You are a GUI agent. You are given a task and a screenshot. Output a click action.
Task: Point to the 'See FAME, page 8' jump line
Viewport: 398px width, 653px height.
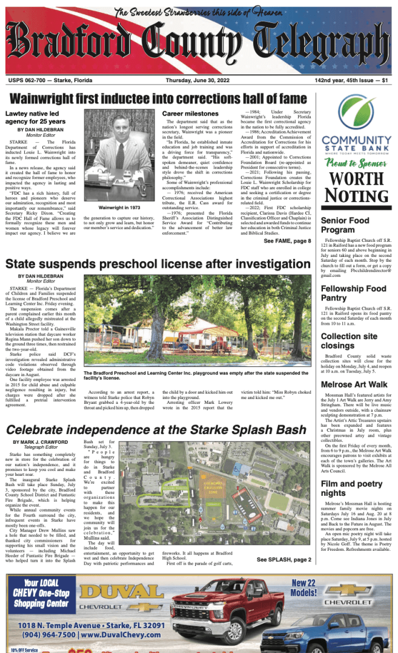(287, 241)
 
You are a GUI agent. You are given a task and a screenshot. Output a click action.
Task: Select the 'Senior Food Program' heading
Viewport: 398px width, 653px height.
(345, 226)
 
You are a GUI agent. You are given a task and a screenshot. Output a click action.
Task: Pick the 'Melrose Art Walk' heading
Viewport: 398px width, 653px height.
(354, 385)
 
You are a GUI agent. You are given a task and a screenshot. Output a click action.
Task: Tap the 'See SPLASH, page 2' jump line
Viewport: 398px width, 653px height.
(284, 560)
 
